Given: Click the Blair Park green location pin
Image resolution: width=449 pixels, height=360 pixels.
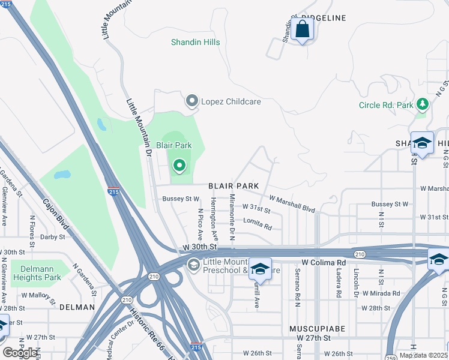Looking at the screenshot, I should coord(179,164).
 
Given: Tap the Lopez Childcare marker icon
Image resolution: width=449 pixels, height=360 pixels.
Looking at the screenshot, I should coord(192,101).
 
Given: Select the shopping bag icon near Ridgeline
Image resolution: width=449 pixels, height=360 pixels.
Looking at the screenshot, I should coord(303,29).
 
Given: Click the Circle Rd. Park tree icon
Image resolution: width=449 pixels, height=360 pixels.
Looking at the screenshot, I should coord(423,104).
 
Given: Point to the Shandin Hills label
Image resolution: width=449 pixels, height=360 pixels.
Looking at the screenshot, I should coord(195,43).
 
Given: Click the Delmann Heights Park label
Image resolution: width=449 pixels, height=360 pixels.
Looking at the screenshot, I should coord(36,273).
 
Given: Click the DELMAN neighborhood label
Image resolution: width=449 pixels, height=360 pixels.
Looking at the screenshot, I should coord(77,307).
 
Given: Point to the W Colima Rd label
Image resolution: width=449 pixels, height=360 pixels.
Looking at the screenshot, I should coord(324,263).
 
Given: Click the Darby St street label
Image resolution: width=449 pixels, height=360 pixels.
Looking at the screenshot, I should coord(53,237).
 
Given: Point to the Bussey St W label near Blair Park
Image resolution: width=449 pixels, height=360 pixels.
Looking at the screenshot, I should coord(184,199).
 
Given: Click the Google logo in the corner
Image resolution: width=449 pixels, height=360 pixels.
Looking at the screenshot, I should coord(19,353).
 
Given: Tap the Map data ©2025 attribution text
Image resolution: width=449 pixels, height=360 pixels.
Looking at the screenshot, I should coord(423,355).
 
